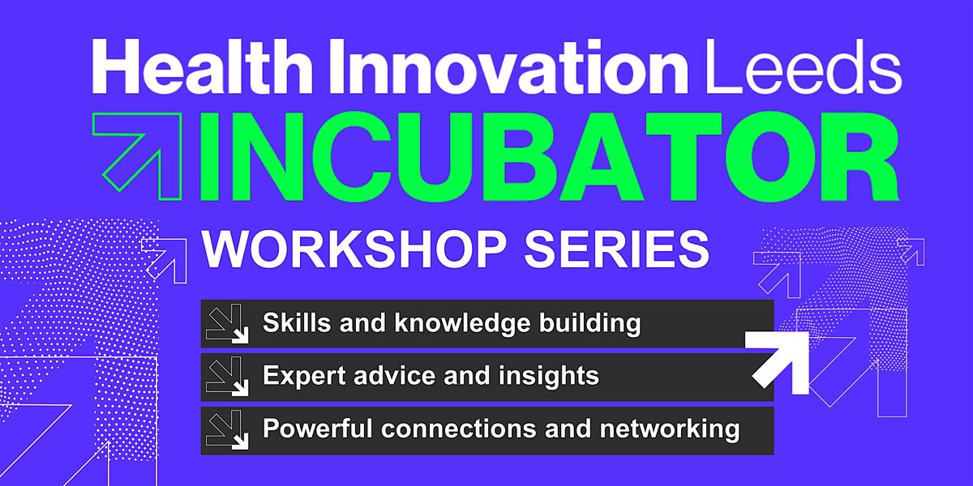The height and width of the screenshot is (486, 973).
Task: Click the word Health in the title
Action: tap(202, 66)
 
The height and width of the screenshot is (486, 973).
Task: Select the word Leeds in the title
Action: tap(804, 66)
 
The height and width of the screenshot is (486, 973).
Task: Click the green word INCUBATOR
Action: tap(549, 156)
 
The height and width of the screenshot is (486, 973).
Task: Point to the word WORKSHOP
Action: tap(355, 249)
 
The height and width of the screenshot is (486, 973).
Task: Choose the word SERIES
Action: tap(617, 249)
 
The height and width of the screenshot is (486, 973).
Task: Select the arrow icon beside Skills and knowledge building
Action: tap(227, 324)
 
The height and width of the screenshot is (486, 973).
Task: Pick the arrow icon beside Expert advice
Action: tap(227, 376)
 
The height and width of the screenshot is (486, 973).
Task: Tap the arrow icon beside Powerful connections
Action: tap(227, 429)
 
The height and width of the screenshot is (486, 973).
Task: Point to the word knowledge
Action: tap(462, 324)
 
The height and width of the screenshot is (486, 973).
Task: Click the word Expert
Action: tap(304, 376)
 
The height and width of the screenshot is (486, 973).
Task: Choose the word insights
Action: tap(549, 376)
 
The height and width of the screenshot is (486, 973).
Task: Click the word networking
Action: tap(670, 429)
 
